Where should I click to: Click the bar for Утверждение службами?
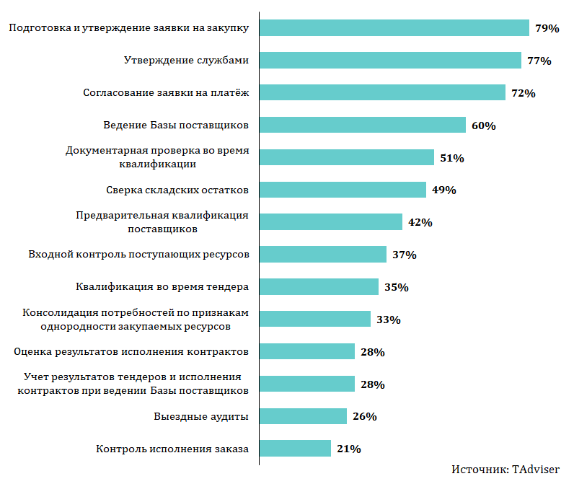pos(389,61)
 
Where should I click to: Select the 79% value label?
pos(547,29)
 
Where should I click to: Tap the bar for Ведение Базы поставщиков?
pos(362,126)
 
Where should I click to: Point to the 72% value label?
pos(523,94)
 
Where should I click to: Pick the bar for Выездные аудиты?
pos(303,416)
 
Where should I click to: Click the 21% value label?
pos(348,449)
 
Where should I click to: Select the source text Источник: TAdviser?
pos(505,470)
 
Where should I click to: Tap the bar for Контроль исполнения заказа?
pos(295,449)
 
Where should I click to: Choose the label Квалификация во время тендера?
pos(162,287)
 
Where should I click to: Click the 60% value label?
pos(483,126)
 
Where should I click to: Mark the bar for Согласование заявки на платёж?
pos(382,93)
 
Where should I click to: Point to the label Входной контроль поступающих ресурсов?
pos(138,255)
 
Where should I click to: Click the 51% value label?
pos(451,158)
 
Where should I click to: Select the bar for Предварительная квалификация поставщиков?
pos(330,222)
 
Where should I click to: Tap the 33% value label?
pos(388,320)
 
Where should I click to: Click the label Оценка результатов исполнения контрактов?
pos(131,352)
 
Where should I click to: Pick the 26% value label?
pos(364,417)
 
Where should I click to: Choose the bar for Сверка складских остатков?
pos(343,190)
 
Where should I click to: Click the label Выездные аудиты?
pos(201,417)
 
